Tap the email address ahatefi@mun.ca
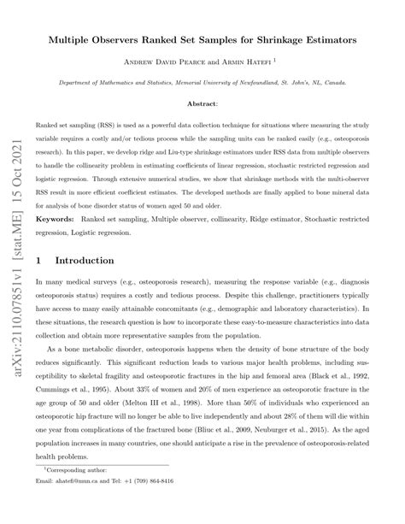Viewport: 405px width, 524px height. tap(85, 504)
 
